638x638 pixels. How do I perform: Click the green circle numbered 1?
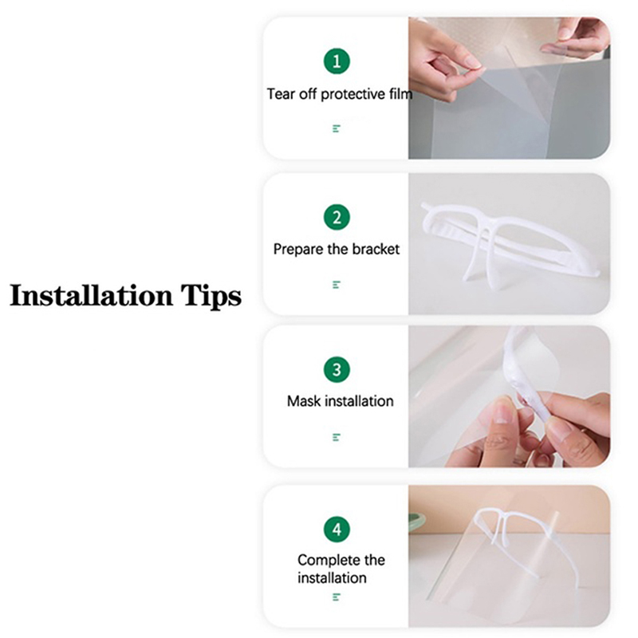(337, 61)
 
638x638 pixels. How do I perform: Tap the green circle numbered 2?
(337, 217)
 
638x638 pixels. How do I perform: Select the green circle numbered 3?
(337, 369)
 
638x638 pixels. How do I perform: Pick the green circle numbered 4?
(337, 530)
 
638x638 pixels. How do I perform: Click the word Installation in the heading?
(91, 295)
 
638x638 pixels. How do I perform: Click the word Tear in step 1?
(281, 94)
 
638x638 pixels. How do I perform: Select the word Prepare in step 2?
(298, 250)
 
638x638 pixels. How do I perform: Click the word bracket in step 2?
(375, 249)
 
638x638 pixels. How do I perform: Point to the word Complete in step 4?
(329, 561)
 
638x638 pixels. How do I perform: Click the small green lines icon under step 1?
(336, 129)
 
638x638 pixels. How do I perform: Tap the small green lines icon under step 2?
(336, 285)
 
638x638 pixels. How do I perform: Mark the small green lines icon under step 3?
(336, 437)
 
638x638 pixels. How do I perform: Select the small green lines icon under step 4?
(336, 597)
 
